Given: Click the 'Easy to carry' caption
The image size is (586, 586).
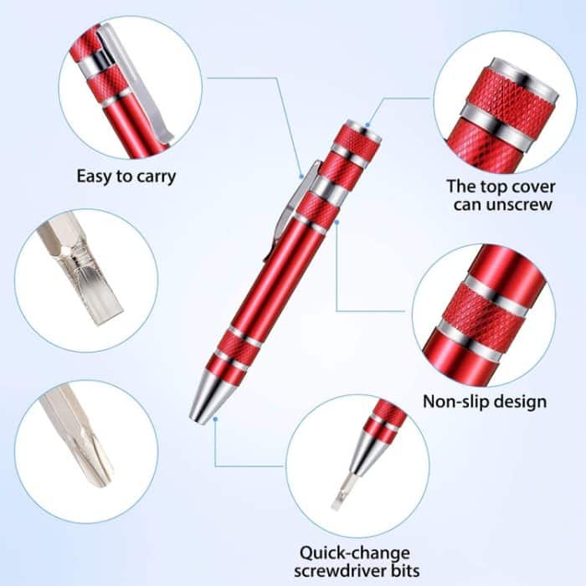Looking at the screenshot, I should pyautogui.click(x=126, y=177).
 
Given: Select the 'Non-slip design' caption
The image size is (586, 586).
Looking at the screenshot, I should pyautogui.click(x=485, y=402).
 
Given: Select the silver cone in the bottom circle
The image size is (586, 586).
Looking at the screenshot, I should pyautogui.click(x=365, y=456).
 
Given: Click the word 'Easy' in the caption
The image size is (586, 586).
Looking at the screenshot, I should pyautogui.click(x=95, y=177).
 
